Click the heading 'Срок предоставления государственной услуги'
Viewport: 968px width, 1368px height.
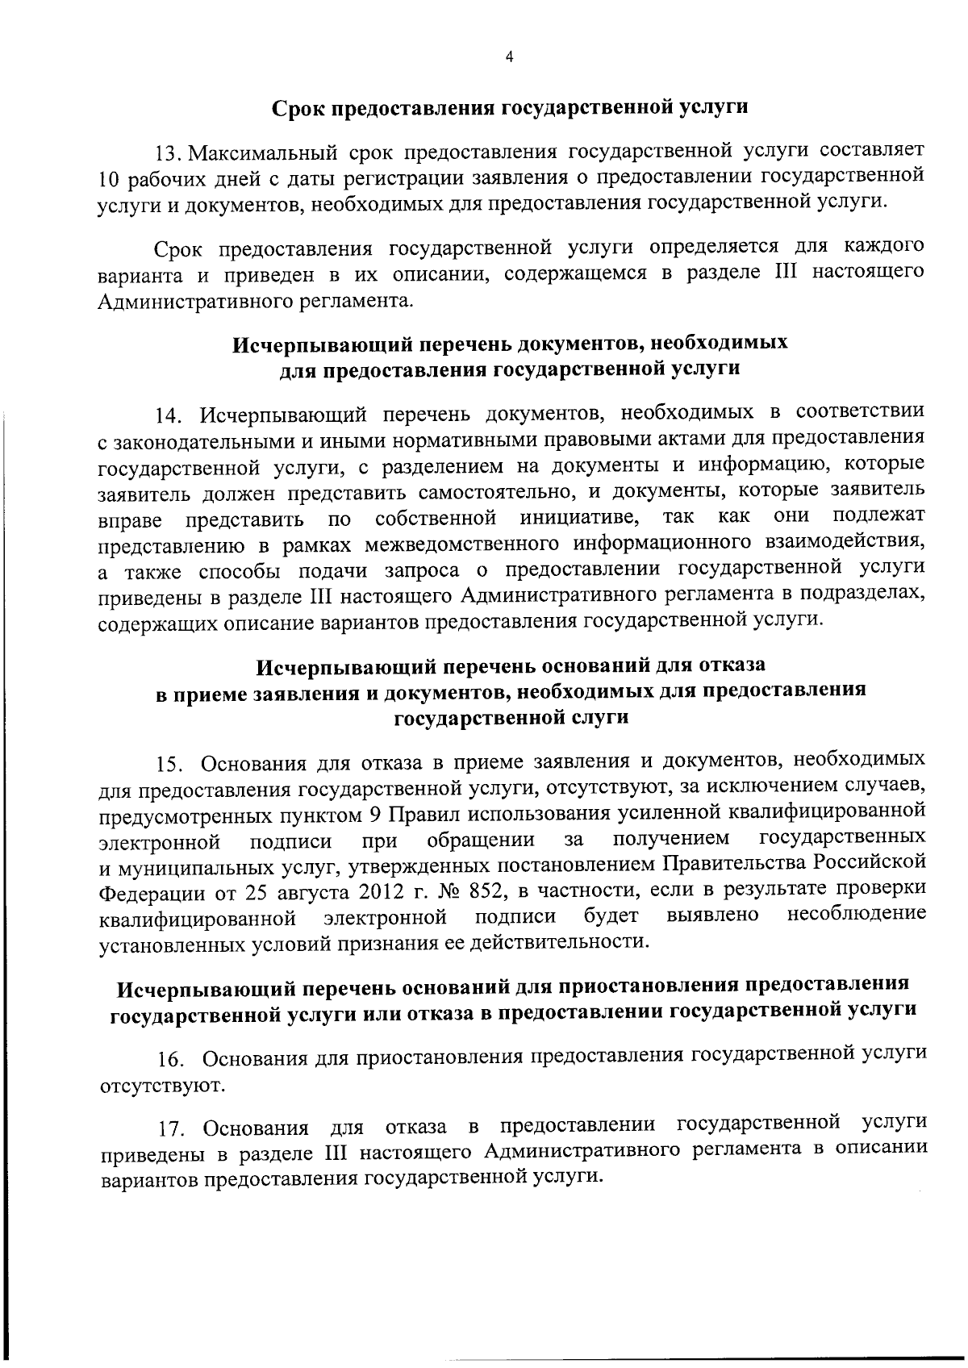[x=508, y=107]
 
